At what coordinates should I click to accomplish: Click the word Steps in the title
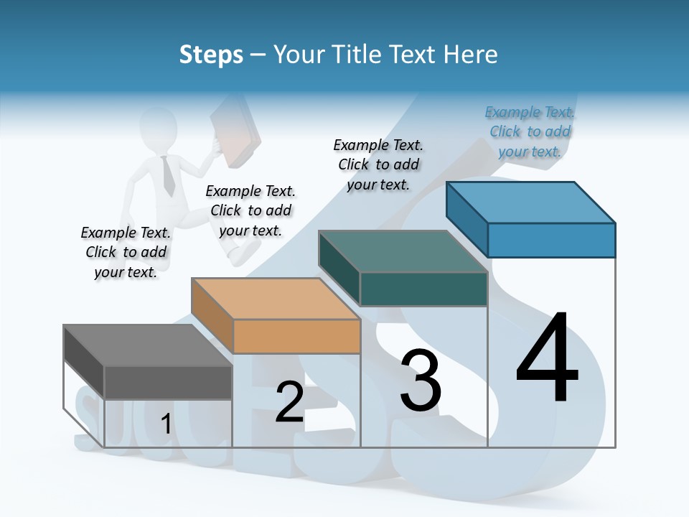tap(211, 55)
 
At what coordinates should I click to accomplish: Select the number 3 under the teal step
tap(421, 381)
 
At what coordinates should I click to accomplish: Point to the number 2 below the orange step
tap(289, 402)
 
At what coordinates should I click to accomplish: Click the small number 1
tap(166, 424)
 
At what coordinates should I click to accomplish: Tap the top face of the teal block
tap(403, 251)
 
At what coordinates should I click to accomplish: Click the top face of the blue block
tap(530, 202)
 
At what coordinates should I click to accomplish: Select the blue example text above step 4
tap(530, 132)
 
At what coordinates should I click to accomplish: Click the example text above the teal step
tap(378, 164)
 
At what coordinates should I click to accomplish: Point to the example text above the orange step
tap(250, 211)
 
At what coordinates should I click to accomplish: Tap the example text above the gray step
tap(126, 252)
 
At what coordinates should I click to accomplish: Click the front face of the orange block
tap(296, 336)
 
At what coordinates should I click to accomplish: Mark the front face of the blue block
tap(551, 240)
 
